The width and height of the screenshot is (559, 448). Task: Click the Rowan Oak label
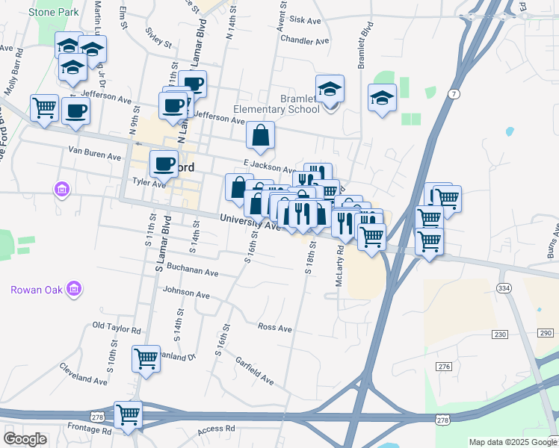pyautogui.click(x=34, y=290)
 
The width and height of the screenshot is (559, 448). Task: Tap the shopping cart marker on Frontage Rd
pyautogui.click(x=128, y=414)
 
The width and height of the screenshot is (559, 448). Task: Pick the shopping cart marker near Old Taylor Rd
pyautogui.click(x=146, y=358)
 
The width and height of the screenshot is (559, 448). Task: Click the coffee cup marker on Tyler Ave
pyautogui.click(x=164, y=163)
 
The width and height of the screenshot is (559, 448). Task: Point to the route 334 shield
pyautogui.click(x=504, y=288)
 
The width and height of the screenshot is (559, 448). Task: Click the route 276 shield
pyautogui.click(x=445, y=366)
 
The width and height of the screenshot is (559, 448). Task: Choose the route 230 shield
pyautogui.click(x=499, y=333)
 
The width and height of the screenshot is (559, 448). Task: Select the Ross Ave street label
pyautogui.click(x=274, y=327)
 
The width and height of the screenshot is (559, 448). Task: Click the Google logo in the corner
pyautogui.click(x=25, y=439)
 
